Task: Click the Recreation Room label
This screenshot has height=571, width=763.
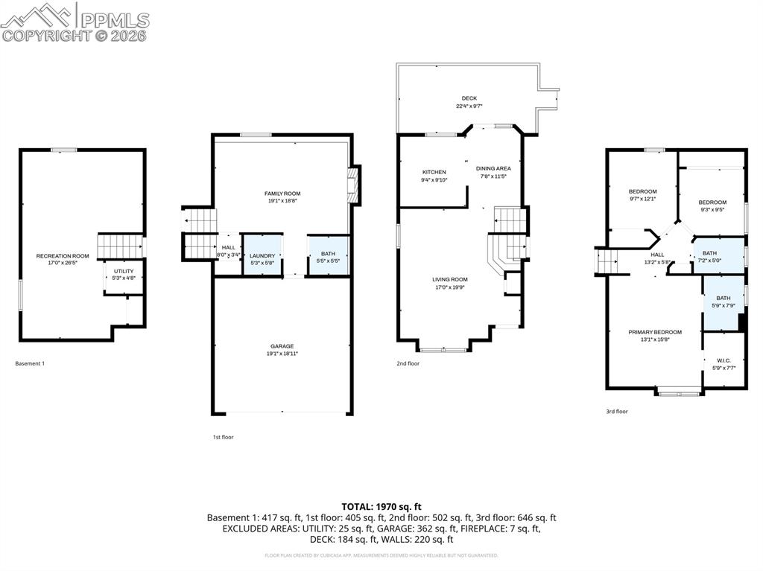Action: coord(63,256)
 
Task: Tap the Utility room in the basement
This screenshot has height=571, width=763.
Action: coord(124,274)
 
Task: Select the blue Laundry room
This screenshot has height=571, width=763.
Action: coord(262,256)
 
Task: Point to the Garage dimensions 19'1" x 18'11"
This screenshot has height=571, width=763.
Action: coord(282,354)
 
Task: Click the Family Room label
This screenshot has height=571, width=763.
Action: coord(282,194)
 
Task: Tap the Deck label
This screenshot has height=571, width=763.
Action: coord(469,98)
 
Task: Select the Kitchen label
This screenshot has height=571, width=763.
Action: coord(434,172)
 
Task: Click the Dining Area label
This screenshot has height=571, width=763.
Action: coord(493,169)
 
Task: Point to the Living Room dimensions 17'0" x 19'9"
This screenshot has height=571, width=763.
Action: coord(450,287)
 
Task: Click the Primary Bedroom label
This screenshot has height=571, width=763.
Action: coord(654,332)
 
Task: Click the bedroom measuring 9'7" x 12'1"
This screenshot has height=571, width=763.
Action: coord(643,191)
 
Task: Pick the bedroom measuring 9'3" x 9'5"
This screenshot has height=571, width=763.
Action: coord(712,202)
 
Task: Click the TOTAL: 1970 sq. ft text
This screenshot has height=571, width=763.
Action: coord(381,506)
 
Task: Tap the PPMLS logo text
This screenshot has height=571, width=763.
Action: coord(113,20)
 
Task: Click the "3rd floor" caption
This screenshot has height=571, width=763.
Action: coord(616,411)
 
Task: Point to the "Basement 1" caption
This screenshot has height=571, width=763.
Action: coord(31,363)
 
